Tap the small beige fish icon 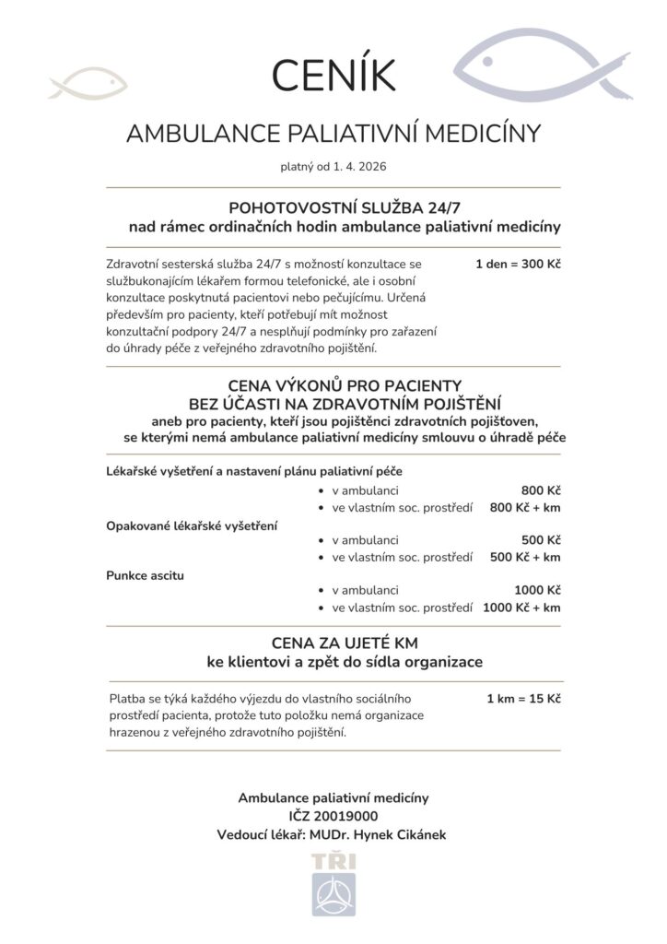coord(87,86)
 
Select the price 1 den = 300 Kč coord(518,265)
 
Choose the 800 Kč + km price coord(525,507)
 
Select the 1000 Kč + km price coord(521,608)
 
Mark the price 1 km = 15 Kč coord(523,698)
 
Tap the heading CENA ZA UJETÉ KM coord(333,642)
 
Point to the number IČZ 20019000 coord(333,816)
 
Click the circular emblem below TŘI coord(333,894)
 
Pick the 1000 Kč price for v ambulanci coord(537,590)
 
